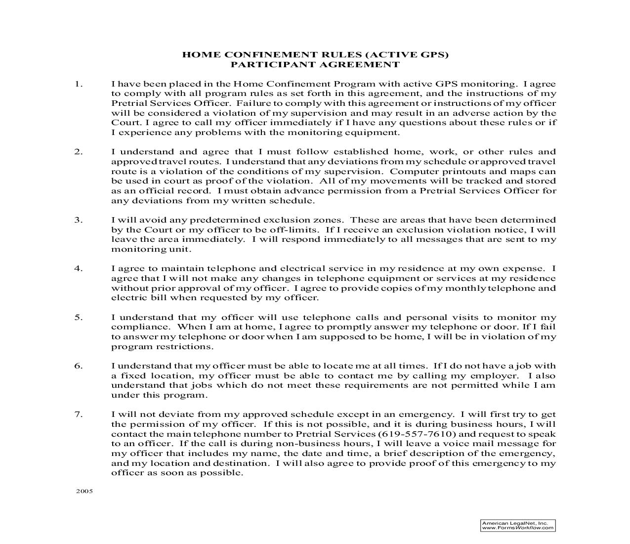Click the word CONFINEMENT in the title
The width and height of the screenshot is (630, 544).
tap(267, 55)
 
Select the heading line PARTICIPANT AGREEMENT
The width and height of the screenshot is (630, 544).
tap(315, 65)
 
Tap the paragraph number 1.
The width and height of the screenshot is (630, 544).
tap(79, 84)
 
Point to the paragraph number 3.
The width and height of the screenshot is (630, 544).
tap(79, 220)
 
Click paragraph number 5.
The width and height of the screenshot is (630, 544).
tap(79, 317)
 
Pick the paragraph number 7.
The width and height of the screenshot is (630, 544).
tap(79, 414)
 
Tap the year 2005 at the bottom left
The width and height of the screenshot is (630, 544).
tap(84, 492)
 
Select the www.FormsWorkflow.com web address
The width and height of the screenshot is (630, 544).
tap(518, 528)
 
